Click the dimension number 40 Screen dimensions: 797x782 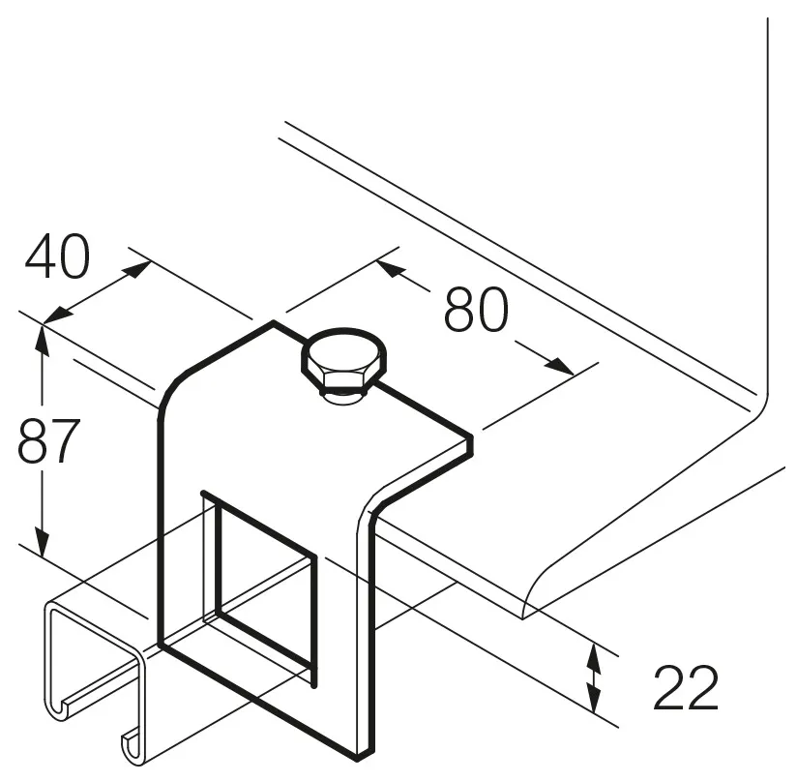point(57,256)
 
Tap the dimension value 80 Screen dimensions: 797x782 point(476,310)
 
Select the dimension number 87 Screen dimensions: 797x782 point(48,440)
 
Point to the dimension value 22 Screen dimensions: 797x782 point(686,688)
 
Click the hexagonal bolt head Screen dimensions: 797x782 point(343,359)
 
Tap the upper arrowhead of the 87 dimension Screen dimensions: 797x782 point(42,342)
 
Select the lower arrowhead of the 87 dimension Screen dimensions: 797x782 point(42,541)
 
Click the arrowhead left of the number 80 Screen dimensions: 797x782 point(392,269)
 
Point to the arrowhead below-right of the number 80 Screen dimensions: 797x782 point(558,365)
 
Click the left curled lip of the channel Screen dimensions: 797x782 point(60,708)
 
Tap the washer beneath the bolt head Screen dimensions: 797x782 point(343,397)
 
